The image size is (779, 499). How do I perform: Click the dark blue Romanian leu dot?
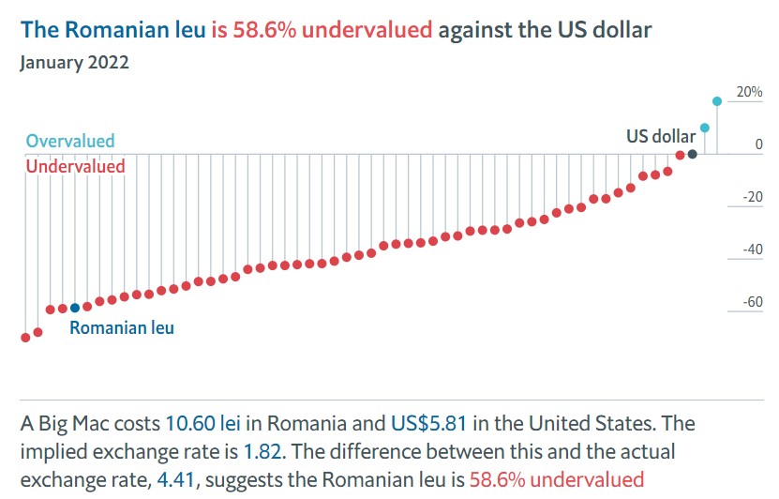point(75,308)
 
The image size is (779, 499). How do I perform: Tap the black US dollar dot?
point(692,155)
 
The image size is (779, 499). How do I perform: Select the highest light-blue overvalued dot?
point(717,101)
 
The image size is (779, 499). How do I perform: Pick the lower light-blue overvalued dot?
point(705,128)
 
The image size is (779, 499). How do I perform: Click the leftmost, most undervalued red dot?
point(25,338)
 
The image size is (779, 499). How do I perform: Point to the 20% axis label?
point(750,92)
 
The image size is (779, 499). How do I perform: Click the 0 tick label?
point(759,144)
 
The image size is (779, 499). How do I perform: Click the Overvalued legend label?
point(70,142)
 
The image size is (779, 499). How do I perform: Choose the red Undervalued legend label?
point(75,166)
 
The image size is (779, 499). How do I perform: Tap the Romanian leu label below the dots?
point(122,328)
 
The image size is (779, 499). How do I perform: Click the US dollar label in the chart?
point(661,137)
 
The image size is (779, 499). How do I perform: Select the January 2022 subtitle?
point(74,63)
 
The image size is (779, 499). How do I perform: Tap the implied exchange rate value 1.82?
point(259,451)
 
